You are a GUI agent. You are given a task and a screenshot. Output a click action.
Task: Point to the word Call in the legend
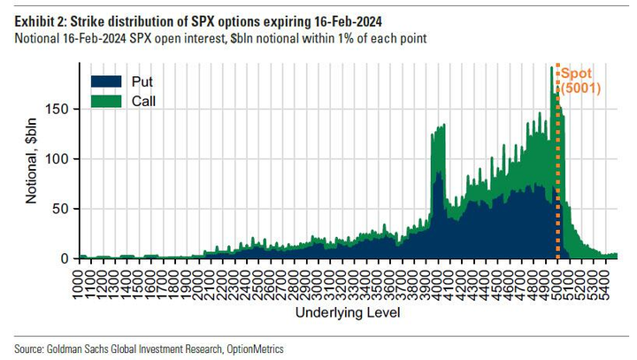pyautogui.click(x=143, y=102)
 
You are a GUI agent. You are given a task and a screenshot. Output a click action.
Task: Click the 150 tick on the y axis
pyautogui.click(x=58, y=109)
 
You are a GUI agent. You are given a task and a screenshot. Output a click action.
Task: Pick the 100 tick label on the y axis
pyautogui.click(x=58, y=159)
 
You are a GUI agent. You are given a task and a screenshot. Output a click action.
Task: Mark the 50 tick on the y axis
pyautogui.click(x=61, y=209)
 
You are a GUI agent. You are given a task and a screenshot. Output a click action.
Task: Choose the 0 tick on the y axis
pyautogui.click(x=65, y=258)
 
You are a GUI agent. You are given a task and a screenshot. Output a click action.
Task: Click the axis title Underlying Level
pyautogui.click(x=348, y=313)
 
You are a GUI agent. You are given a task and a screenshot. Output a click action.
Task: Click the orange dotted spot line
pyautogui.click(x=557, y=177)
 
